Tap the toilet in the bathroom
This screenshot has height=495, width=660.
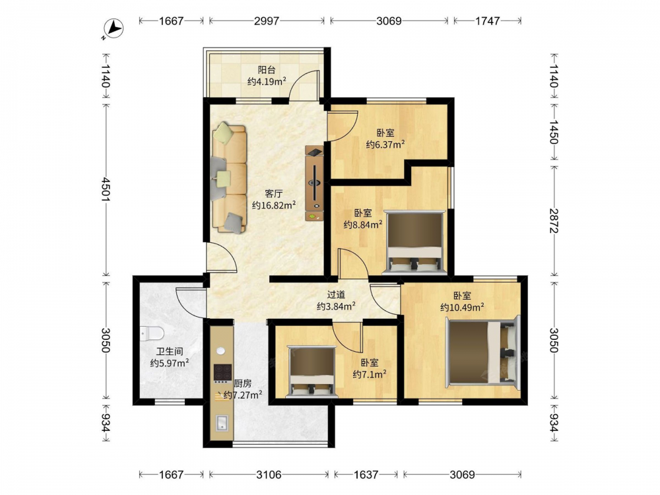(x=152, y=333)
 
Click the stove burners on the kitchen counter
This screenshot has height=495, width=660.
(x=222, y=372)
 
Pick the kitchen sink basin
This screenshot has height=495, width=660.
(x=222, y=422)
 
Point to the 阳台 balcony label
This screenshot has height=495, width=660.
(x=267, y=70)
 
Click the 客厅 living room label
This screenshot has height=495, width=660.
(x=274, y=193)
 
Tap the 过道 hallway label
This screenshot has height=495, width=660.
(x=337, y=294)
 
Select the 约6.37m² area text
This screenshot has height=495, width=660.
(x=385, y=145)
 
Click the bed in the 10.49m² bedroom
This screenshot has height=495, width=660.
(x=483, y=352)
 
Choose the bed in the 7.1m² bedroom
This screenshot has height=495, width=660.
(x=312, y=372)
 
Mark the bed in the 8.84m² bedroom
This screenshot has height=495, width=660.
(x=414, y=243)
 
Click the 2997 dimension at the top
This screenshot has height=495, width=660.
(x=267, y=20)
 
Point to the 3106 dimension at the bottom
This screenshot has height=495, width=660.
(x=269, y=475)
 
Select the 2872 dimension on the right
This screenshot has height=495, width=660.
(x=554, y=221)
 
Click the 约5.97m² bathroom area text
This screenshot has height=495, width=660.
(x=169, y=362)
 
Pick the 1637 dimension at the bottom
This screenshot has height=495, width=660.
(x=366, y=475)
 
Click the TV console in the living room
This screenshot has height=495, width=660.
(x=315, y=183)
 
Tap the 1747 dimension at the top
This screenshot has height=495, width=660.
(x=488, y=20)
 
